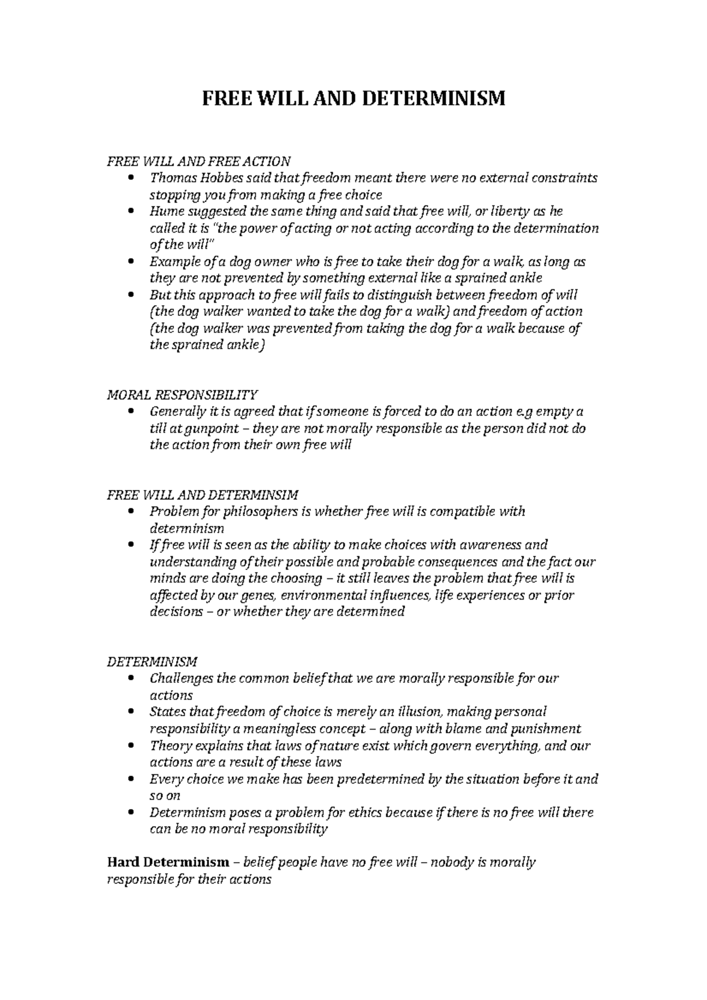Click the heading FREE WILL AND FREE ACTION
click(199, 161)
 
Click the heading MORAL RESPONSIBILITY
click(182, 394)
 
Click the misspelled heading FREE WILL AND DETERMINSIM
click(203, 494)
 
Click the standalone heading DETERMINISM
click(152, 661)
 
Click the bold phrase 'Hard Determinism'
click(168, 863)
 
